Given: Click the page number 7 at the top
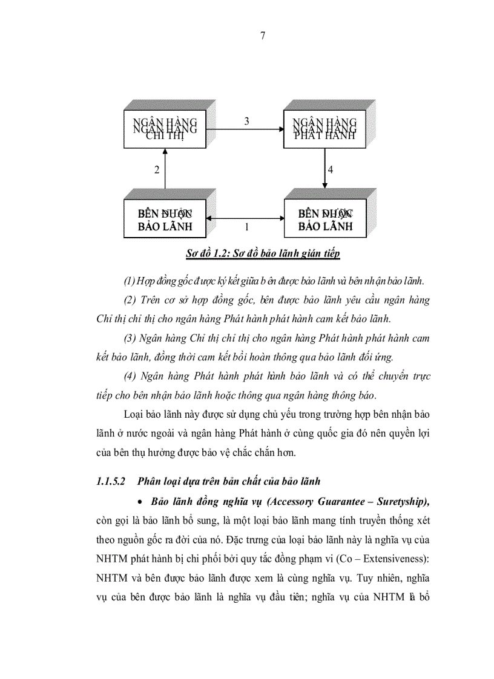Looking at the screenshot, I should [262, 36].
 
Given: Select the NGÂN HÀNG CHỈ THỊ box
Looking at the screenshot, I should [165, 130].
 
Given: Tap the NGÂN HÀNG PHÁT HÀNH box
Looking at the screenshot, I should [324, 130].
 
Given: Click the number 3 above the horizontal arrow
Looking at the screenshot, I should [246, 122].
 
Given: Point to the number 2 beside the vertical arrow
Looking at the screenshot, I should [157, 170].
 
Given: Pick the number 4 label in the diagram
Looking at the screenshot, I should [330, 170].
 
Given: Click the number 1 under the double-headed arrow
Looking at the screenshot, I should [246, 229].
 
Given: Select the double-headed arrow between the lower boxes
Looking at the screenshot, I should [245, 219].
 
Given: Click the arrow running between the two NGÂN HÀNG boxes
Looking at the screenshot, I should [245, 129].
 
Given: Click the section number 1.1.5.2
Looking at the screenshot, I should [110, 481].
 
